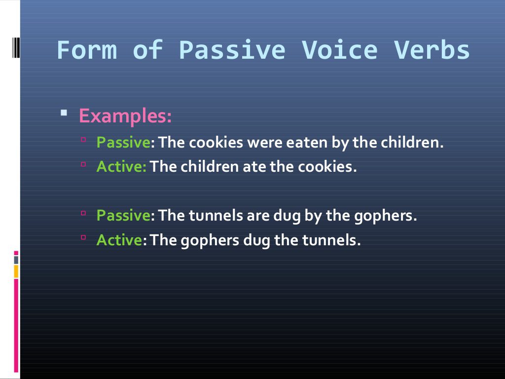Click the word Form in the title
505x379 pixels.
87,50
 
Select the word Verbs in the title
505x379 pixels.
432,50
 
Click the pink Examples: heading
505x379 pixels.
125,116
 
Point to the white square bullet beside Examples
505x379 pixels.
64,113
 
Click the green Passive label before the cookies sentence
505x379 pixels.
123,143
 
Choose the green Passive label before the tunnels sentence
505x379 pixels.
123,216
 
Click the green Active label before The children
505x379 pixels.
121,167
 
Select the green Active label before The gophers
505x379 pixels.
119,240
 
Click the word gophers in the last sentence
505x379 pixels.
211,241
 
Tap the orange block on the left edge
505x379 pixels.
16,271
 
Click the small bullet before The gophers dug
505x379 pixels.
83,237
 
